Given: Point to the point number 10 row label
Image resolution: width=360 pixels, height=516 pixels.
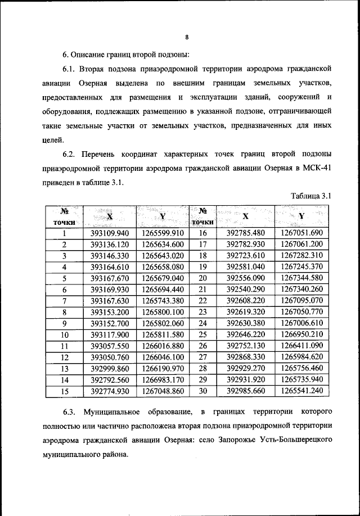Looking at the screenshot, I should (x=65, y=334).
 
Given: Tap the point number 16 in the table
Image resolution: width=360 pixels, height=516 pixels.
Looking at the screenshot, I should (x=204, y=234).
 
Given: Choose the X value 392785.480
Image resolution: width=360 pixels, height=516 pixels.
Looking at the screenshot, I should (x=245, y=234).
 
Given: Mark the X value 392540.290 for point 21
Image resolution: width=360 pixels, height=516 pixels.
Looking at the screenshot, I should (x=245, y=289).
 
